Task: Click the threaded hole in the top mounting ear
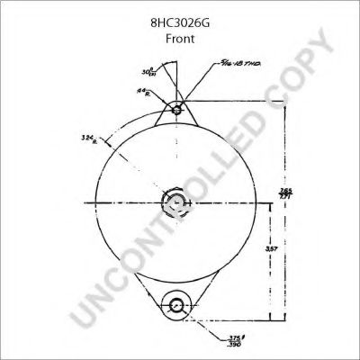[x=178, y=111]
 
